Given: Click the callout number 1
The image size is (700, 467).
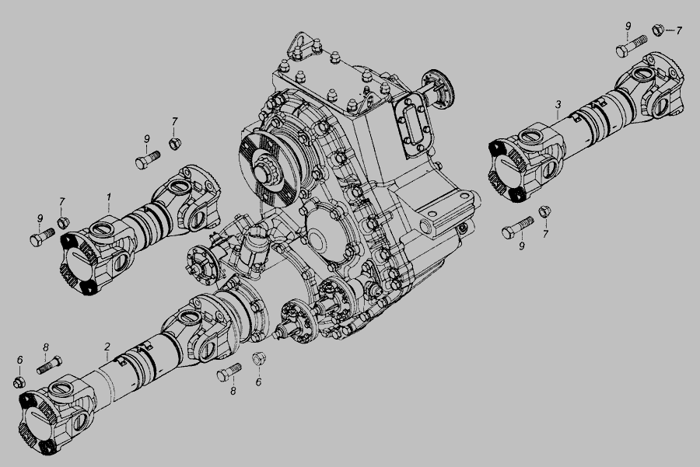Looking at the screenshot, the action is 108,197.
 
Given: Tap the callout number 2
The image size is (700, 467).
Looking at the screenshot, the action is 107,347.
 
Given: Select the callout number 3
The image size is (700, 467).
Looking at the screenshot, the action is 558,105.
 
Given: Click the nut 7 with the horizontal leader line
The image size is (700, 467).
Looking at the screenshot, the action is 657,30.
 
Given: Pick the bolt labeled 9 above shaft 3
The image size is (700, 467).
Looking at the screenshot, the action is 632,46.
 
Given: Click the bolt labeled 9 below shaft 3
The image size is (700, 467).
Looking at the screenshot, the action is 517,227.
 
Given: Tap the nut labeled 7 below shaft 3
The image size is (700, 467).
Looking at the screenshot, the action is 544,211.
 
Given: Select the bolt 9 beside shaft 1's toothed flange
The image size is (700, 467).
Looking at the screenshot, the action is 42,237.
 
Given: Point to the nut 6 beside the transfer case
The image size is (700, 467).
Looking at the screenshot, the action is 259,359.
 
